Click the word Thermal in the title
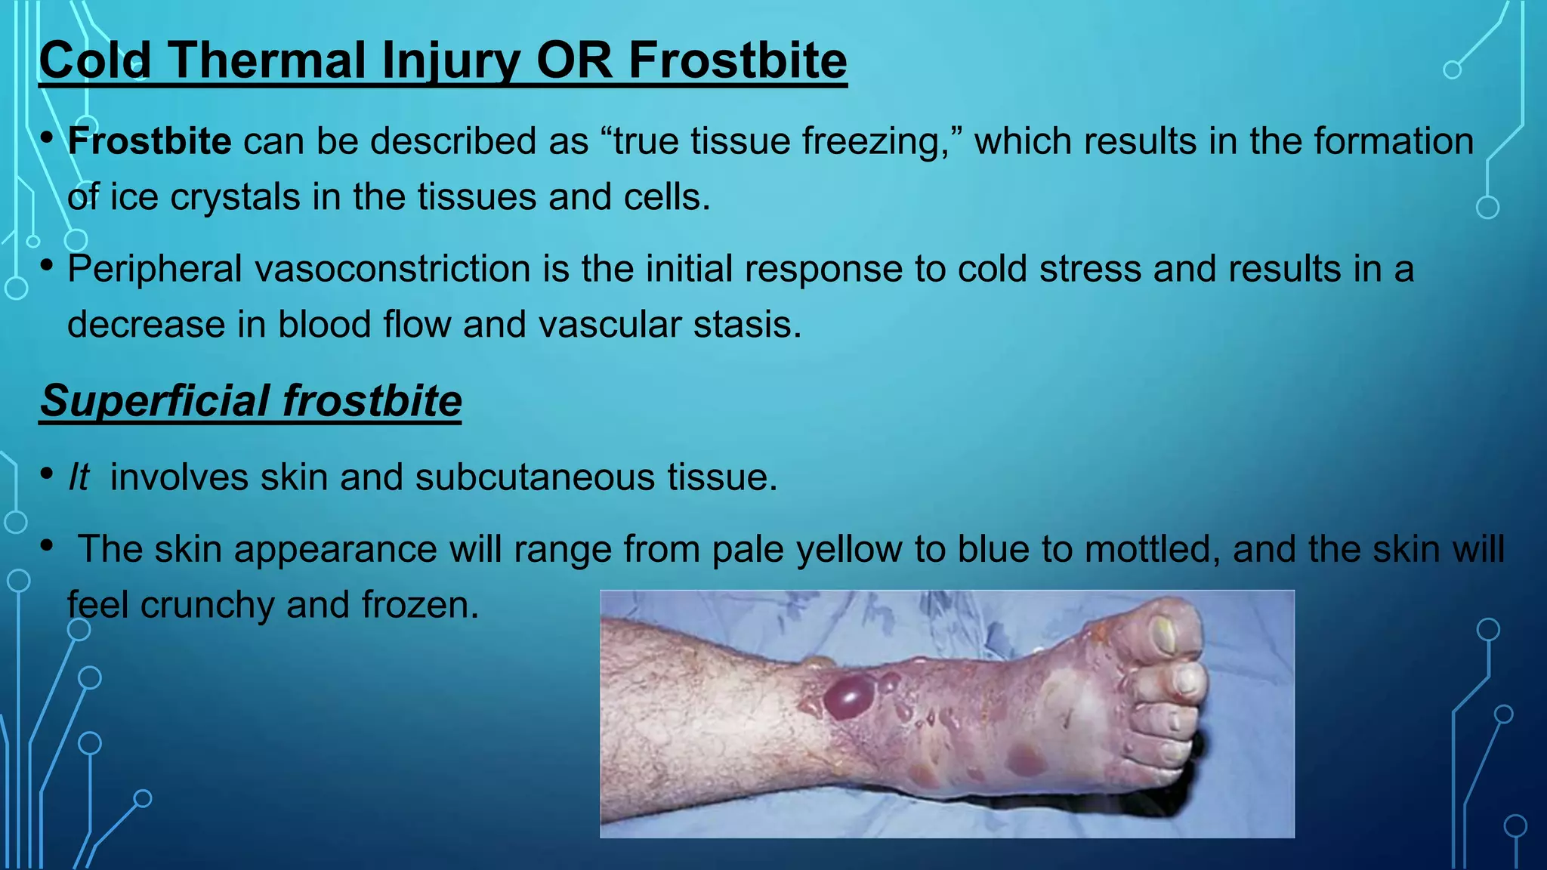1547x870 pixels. pos(269,60)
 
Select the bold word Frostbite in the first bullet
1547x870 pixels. pos(150,141)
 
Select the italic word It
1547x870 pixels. pos(79,477)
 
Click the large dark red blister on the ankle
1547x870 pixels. pos(849,696)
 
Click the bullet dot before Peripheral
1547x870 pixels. pos(47,266)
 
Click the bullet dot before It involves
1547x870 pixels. pos(47,474)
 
